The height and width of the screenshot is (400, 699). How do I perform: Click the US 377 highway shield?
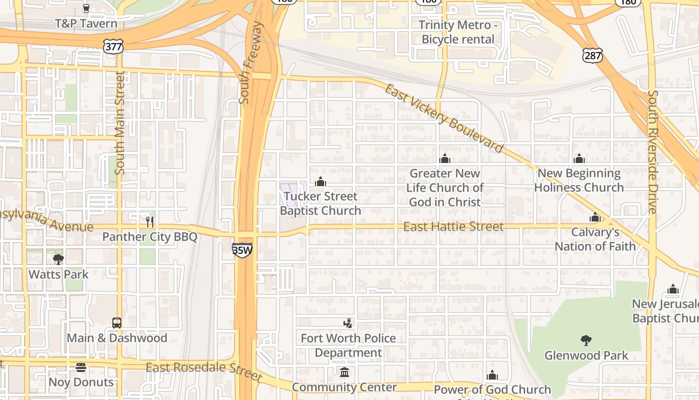click(113, 46)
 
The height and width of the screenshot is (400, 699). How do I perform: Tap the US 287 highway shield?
click(592, 55)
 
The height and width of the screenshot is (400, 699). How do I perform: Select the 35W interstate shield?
click(242, 250)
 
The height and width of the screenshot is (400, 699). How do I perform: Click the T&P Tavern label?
click(86, 23)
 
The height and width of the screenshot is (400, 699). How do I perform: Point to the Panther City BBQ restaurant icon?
click(150, 221)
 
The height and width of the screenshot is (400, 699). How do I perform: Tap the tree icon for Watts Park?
click(58, 259)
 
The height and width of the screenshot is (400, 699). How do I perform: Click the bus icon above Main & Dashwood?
click(117, 323)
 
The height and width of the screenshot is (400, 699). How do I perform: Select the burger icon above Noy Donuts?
click(81, 367)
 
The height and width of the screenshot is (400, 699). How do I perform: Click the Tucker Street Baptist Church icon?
click(321, 181)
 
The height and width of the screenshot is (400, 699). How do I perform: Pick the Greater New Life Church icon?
click(445, 158)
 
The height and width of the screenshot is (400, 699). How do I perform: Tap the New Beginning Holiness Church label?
click(579, 180)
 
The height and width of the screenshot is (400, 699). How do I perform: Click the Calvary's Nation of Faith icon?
click(595, 217)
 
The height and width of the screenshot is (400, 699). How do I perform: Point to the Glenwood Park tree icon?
click(586, 340)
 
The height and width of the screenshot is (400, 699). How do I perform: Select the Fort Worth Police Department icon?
click(348, 323)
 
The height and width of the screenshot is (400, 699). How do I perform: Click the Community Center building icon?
click(345, 372)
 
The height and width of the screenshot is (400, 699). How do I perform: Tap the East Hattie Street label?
click(453, 227)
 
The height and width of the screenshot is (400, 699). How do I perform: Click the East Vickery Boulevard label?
click(443, 118)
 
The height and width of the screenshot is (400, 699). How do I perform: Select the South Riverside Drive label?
click(652, 152)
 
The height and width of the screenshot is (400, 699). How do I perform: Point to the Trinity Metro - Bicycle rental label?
click(458, 32)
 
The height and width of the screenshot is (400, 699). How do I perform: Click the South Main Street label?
click(120, 122)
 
